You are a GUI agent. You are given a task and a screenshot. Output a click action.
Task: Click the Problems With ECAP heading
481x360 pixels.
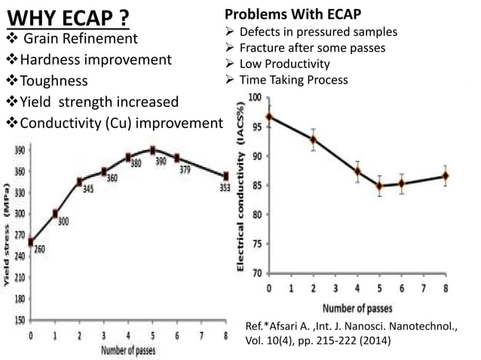point(293,15)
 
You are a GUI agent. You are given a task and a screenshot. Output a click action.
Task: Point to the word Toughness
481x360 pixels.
point(54,81)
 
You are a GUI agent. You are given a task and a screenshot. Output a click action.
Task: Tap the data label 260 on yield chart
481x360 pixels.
point(39,249)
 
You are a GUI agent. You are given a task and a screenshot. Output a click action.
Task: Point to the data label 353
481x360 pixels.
point(225,188)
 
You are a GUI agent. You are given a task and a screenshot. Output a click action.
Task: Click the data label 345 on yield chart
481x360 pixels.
point(88,190)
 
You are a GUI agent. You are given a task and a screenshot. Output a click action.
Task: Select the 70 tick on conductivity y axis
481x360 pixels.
point(258,273)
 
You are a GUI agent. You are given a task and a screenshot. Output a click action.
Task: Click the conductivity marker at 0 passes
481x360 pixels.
point(269,117)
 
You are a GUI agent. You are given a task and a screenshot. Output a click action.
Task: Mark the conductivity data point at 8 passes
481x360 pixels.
point(446,176)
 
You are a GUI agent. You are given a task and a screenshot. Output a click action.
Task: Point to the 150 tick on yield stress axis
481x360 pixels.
point(16,319)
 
